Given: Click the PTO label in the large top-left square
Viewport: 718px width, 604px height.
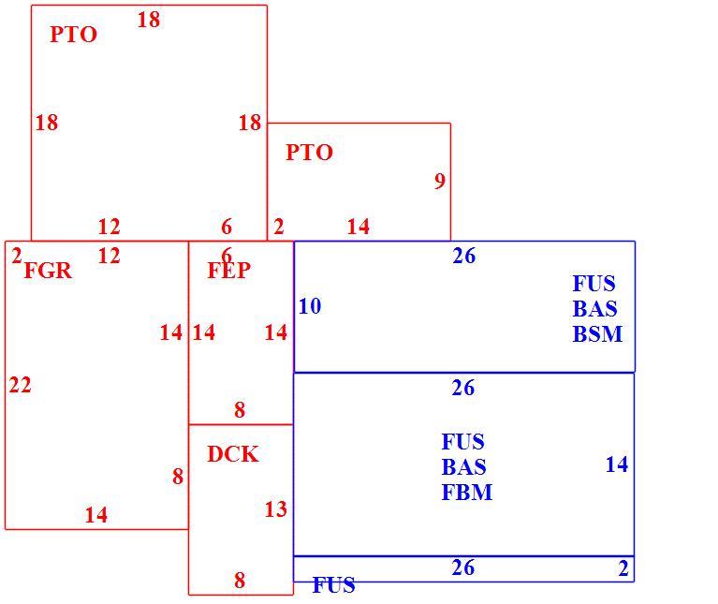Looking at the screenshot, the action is (x=73, y=35).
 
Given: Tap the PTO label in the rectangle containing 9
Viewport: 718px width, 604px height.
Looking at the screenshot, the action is (x=309, y=153).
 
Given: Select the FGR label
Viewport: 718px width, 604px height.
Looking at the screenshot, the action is (x=48, y=271).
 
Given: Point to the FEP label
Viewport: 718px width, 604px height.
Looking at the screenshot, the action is (x=229, y=271).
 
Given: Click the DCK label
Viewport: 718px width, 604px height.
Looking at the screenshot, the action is (x=233, y=454).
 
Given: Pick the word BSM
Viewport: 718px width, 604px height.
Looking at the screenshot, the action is (x=597, y=333).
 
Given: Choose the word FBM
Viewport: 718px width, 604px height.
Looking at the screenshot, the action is (x=467, y=493).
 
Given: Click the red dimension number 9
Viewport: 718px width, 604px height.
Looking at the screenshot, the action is (x=440, y=181).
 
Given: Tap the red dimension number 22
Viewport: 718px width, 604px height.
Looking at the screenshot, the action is (x=21, y=385).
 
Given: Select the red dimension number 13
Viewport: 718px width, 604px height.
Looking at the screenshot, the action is (x=275, y=509).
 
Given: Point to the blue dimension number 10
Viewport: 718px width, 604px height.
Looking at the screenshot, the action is (x=310, y=306).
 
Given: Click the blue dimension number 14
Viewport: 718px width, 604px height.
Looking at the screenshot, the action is (x=617, y=464).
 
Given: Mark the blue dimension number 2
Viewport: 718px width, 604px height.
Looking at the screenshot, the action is (x=623, y=568).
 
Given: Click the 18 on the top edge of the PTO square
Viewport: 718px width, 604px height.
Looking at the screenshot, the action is (x=149, y=20).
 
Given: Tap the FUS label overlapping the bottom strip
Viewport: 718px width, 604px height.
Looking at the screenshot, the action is (x=333, y=584).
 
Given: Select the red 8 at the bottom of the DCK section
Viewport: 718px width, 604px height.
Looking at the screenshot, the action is (x=240, y=581).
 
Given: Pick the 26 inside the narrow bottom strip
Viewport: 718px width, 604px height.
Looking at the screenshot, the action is (x=463, y=567).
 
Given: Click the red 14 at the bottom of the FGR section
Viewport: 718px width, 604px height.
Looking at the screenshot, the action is (x=96, y=515).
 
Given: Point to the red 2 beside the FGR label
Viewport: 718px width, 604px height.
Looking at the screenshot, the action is (x=17, y=256).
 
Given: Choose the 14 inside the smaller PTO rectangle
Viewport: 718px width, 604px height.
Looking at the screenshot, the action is (x=359, y=227).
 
